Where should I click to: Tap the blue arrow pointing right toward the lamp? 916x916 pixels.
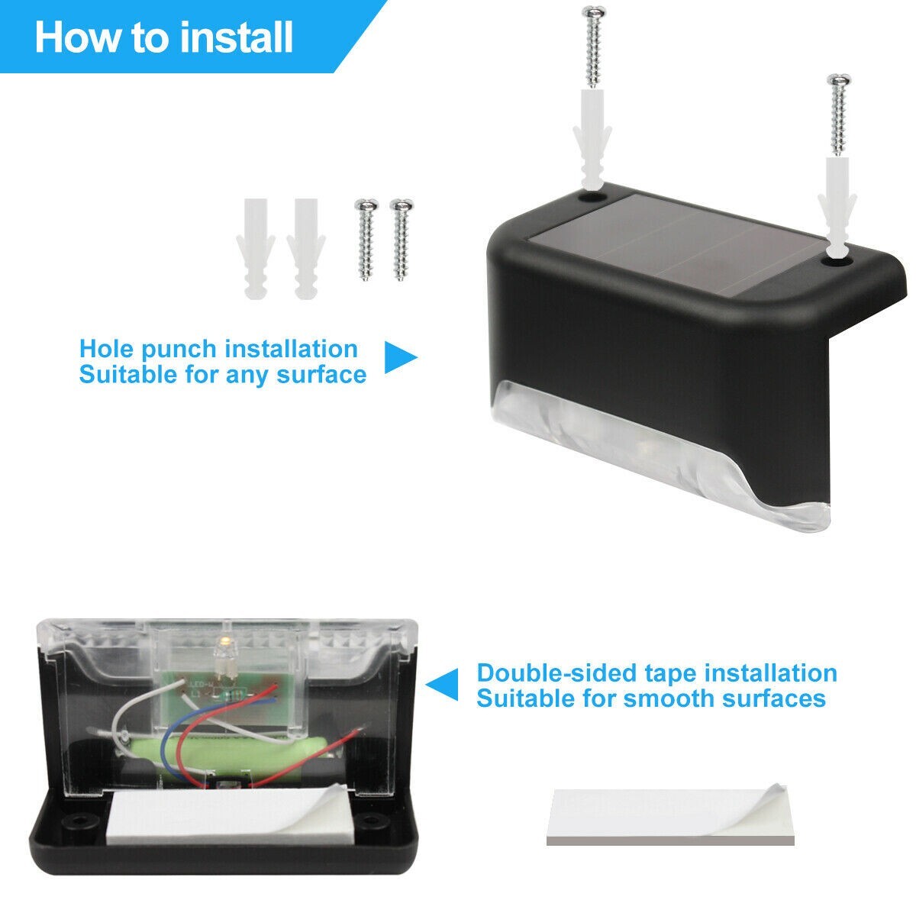[x=401, y=356]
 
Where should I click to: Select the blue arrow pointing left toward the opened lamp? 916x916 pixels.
[x=442, y=685]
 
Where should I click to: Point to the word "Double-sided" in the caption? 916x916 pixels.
[x=556, y=673]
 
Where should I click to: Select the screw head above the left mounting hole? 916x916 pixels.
[x=595, y=11]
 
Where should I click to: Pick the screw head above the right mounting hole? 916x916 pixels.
[x=840, y=80]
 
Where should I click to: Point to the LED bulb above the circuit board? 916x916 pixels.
[x=221, y=656]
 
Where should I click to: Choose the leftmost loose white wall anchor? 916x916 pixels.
[x=256, y=249]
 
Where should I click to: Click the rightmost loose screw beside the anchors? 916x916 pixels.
[x=402, y=240]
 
